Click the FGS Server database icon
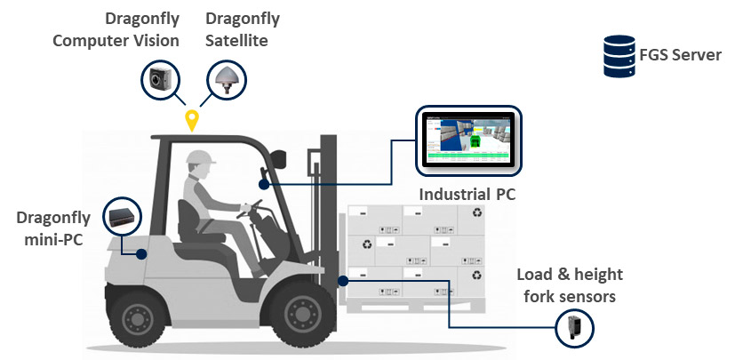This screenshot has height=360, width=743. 619,56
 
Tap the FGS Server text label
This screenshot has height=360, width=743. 681,55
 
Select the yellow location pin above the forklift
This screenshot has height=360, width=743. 191,120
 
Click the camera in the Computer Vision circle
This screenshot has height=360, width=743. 159,79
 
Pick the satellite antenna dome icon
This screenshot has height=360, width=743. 227,79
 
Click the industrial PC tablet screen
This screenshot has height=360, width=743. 468,141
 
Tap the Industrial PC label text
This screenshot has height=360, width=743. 467,194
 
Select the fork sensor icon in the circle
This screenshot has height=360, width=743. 574,328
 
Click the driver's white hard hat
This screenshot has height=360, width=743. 201,157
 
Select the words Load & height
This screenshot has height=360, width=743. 570,275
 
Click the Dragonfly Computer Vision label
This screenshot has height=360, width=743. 116,30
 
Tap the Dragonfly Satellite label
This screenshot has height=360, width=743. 242,30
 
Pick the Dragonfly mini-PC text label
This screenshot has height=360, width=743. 53,228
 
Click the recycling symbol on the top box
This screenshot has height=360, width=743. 476,213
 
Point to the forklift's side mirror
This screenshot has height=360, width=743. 279,159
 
